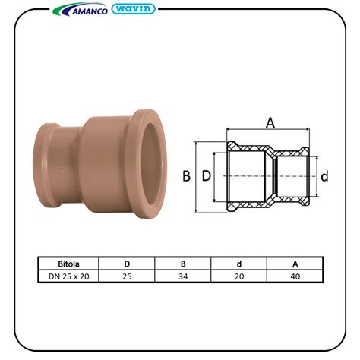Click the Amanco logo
click(80, 10)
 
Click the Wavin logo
click(133, 9)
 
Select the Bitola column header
click(68, 264)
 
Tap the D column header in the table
click(127, 264)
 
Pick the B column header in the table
click(183, 264)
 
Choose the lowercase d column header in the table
click(239, 264)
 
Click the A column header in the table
click(295, 264)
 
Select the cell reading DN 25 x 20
click(69, 276)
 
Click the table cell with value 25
click(127, 276)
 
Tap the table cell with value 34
click(183, 276)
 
